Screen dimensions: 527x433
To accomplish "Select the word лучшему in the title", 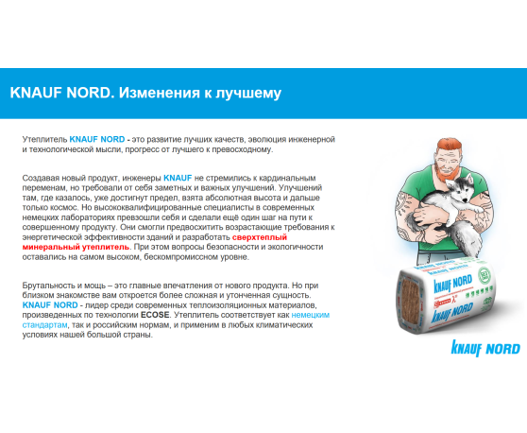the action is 249,94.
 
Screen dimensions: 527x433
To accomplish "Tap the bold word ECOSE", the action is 155,315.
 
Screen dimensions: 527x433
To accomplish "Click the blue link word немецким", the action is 311,315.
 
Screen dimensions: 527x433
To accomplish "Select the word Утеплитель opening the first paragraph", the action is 43,139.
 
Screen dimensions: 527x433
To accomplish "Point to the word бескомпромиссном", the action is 223,256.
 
